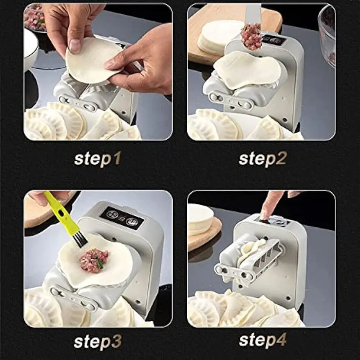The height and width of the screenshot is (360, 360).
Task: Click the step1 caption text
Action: coord(97,159)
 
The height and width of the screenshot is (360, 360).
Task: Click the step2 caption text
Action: coord(263,159)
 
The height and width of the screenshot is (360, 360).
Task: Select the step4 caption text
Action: coord(263,340)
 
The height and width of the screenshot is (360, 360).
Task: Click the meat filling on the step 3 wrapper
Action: coord(94,260)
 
